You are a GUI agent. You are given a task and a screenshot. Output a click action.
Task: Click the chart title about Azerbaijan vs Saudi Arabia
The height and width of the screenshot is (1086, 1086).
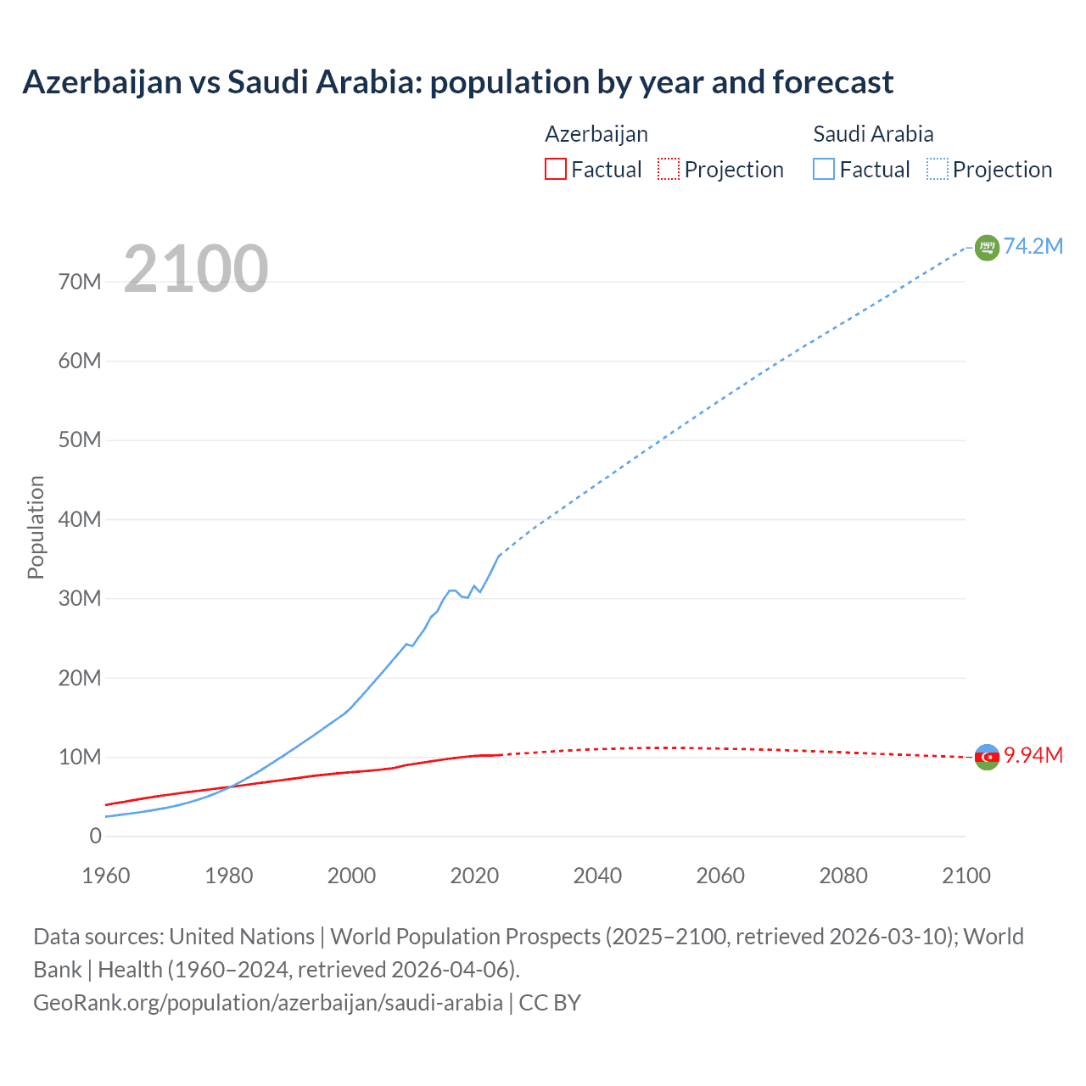coord(457,82)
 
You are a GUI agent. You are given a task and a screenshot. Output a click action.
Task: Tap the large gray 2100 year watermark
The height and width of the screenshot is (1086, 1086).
coord(196,269)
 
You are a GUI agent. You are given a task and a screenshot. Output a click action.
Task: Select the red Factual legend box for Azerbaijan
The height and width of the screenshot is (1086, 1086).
coord(555,169)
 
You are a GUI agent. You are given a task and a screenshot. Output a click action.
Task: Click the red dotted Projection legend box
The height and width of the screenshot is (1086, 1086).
coord(669,169)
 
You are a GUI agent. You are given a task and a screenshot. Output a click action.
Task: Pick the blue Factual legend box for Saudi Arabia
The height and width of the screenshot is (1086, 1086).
coord(823,169)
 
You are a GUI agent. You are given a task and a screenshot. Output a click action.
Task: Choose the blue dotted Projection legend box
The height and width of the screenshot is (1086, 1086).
coord(937,169)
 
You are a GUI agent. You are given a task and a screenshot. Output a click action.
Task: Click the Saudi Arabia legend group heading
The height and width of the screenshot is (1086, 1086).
coord(873,134)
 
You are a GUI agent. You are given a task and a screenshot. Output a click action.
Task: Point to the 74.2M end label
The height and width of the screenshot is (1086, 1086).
coord(1033,246)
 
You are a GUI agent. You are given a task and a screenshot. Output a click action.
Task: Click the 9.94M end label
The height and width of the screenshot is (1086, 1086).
coord(1033,756)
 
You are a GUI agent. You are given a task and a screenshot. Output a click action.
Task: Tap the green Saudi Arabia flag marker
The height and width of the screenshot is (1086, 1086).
coord(987,248)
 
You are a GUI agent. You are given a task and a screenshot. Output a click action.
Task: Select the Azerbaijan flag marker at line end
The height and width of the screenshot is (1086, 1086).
coord(987,757)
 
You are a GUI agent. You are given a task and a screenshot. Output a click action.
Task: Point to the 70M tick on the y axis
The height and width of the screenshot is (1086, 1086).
coord(80,282)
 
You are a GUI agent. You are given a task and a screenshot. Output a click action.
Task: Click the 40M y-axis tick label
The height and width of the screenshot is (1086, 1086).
coord(80,519)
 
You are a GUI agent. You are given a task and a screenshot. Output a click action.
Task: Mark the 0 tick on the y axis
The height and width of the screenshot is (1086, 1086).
coord(95,837)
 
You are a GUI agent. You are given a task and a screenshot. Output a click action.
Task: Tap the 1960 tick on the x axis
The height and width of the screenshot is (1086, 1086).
coord(106,876)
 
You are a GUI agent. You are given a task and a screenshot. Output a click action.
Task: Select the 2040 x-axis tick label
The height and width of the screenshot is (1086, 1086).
coord(597,876)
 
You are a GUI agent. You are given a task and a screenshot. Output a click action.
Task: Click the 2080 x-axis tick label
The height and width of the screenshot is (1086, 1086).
coord(843,876)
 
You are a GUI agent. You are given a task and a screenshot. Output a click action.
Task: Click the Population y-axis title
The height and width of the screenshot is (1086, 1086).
coord(36,527)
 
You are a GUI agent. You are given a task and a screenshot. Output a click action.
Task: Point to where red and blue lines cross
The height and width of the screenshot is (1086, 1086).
coord(230,787)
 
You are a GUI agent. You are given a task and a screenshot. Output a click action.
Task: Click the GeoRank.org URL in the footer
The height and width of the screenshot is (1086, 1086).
coord(268,1003)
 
